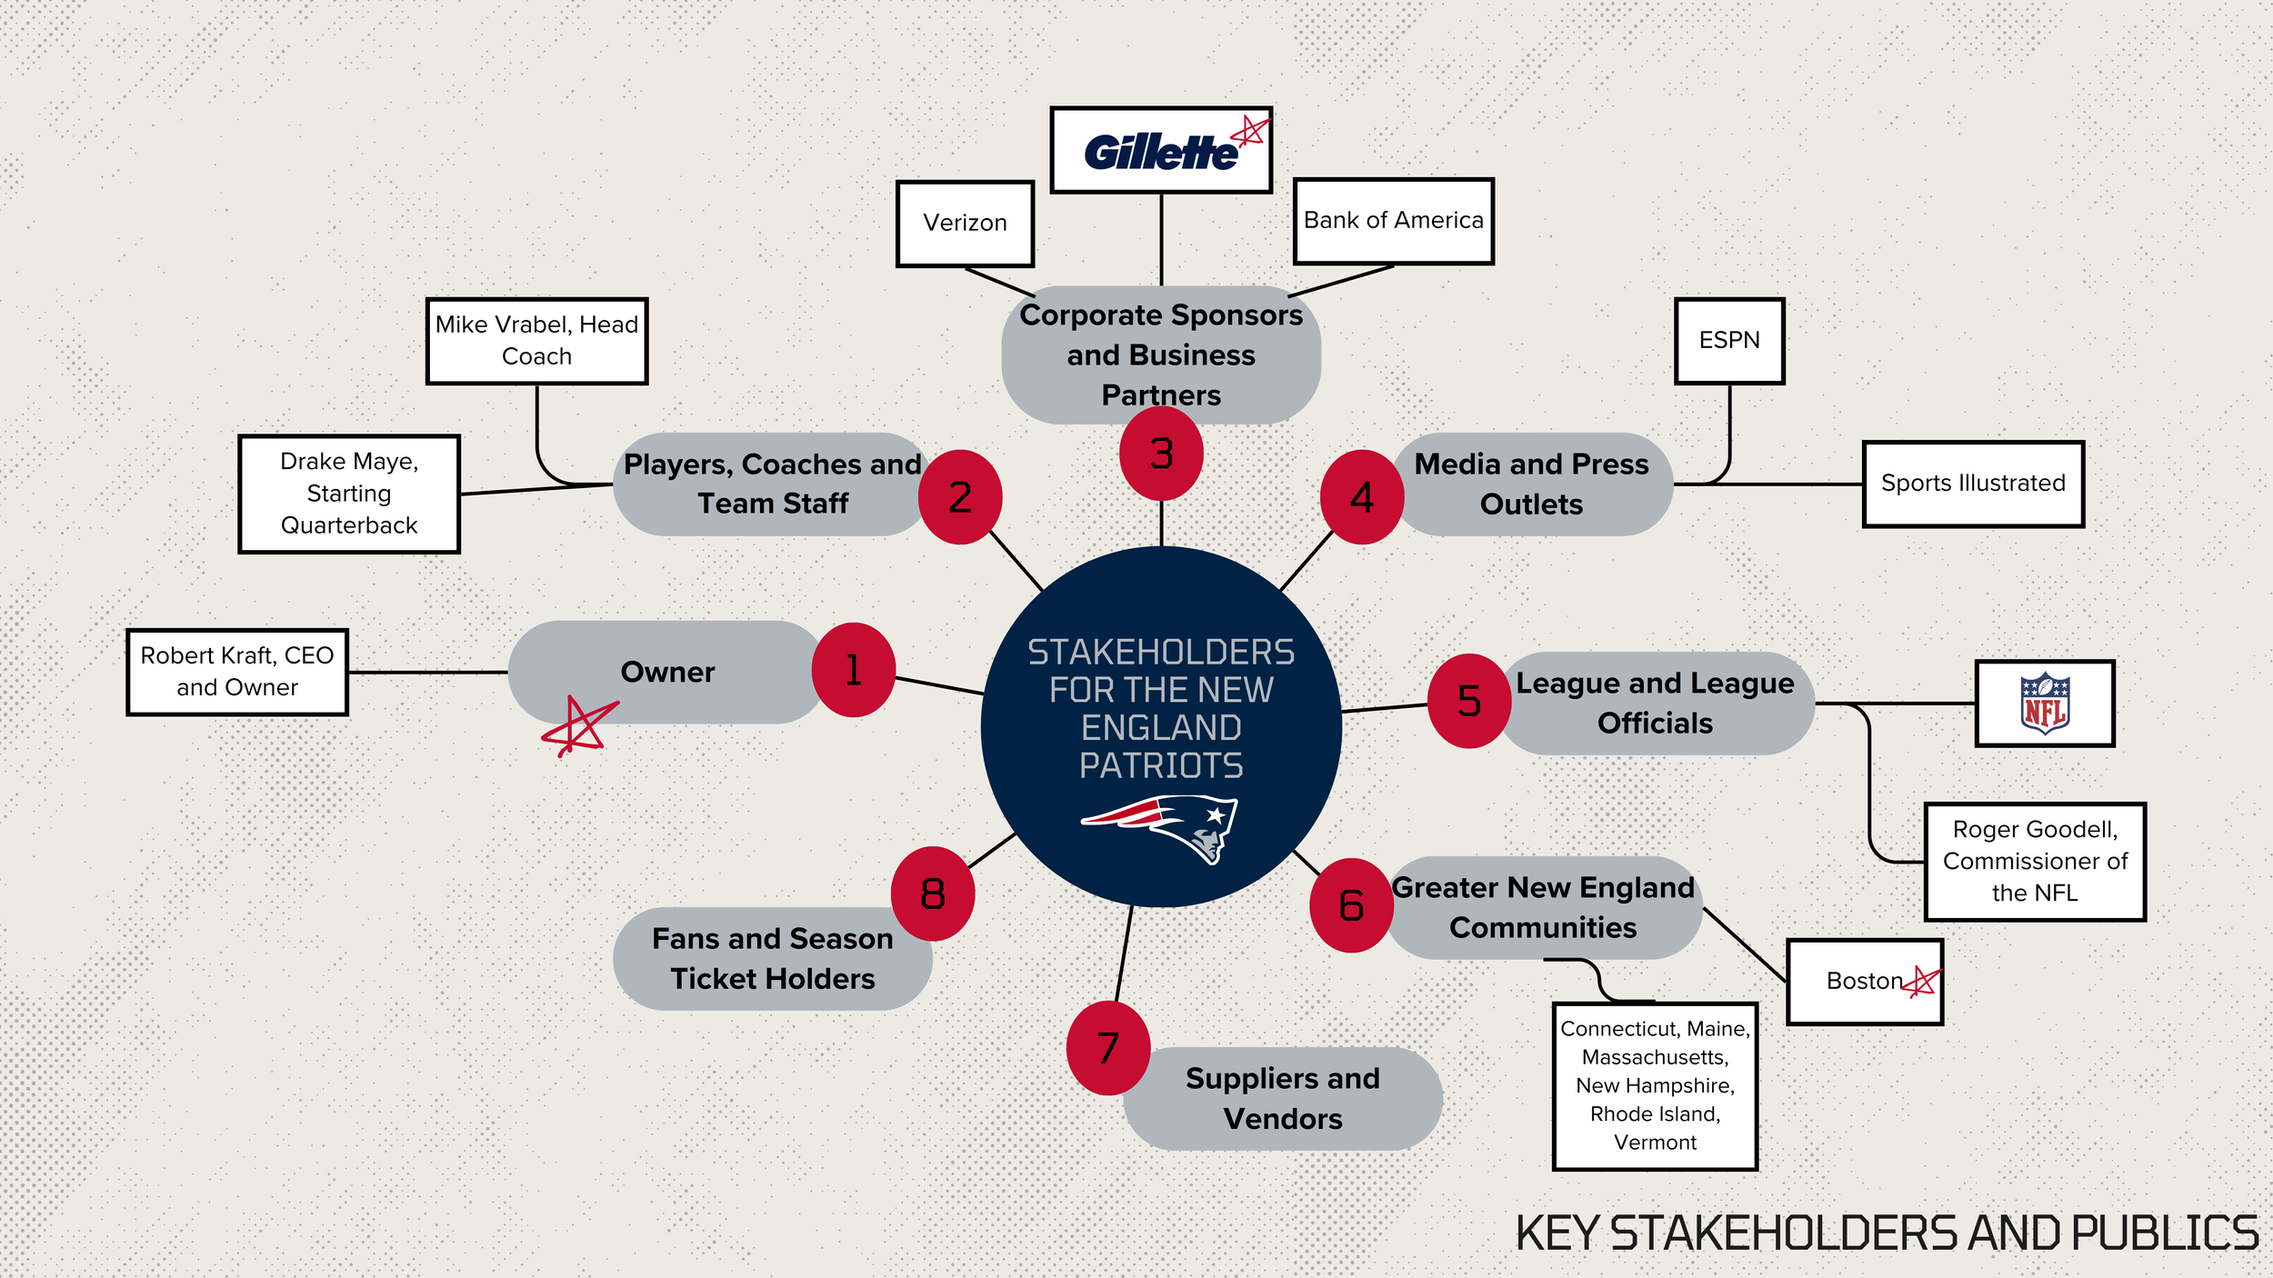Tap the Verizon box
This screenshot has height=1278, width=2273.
965,223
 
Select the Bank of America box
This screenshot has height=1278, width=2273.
1393,221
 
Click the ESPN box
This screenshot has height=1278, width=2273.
1729,341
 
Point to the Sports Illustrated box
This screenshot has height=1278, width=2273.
1973,484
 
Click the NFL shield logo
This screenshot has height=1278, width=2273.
2045,704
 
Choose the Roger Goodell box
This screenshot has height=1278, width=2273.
2035,861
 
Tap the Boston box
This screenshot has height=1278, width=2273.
1864,982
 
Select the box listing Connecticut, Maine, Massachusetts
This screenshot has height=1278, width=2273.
1655,1085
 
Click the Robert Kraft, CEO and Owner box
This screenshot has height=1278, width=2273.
236,672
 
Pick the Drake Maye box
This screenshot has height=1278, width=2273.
349,494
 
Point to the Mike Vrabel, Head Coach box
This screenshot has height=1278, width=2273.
536,341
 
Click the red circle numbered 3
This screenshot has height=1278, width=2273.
1161,454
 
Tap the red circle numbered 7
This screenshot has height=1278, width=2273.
1107,1048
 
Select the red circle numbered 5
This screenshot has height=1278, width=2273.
1468,701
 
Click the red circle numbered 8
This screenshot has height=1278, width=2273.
932,894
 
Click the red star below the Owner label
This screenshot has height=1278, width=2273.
577,726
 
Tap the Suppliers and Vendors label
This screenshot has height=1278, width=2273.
1282,1098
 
